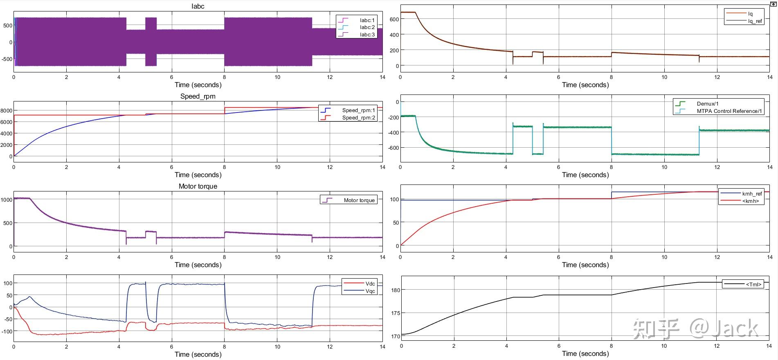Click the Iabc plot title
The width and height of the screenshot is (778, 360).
point(198,6)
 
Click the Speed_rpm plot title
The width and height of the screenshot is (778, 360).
point(198,96)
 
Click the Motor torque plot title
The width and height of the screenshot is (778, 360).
point(198,186)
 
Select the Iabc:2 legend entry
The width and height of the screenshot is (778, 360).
point(356,27)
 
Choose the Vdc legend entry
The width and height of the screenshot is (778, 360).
point(359,284)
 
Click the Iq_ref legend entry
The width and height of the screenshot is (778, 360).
point(744,21)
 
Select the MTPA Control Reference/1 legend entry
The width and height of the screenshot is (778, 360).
point(719,111)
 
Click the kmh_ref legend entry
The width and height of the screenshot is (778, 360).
point(741,194)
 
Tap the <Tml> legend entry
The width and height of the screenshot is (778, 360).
point(743,284)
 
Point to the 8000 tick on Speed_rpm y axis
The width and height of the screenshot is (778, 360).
point(6,110)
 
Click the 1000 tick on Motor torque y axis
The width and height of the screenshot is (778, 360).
point(7,200)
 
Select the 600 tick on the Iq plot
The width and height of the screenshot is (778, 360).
point(394,19)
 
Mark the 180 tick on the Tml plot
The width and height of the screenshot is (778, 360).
point(396,290)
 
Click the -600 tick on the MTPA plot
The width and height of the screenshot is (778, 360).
point(392,148)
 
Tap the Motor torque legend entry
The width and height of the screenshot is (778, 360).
point(348,200)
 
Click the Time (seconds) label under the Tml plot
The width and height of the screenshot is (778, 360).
point(585,354)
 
